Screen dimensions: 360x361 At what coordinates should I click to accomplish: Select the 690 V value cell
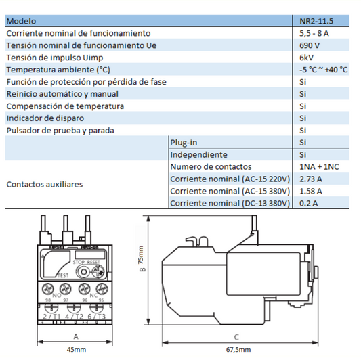point(310,45)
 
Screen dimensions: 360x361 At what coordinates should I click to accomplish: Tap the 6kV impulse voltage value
point(306,58)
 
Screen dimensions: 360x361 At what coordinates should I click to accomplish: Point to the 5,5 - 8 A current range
point(314,33)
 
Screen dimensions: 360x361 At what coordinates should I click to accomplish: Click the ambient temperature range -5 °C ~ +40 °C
point(323,70)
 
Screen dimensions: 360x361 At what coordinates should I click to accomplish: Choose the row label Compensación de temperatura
point(65,106)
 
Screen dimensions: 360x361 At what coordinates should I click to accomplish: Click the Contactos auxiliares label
point(44,184)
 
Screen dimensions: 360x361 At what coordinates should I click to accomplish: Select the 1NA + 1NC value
point(318,166)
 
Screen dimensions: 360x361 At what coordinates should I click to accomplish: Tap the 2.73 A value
point(310,179)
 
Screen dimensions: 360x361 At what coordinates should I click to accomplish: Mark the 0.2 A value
point(308,203)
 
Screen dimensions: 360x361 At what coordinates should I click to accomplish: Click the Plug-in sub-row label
point(184,143)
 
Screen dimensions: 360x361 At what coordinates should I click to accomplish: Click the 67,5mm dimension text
point(236,349)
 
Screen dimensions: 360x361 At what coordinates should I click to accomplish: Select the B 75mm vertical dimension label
point(140,263)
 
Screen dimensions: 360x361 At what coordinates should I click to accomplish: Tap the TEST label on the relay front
point(62,275)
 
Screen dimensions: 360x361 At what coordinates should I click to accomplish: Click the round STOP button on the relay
point(83,271)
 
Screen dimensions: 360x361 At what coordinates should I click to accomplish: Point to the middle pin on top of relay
point(66,227)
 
